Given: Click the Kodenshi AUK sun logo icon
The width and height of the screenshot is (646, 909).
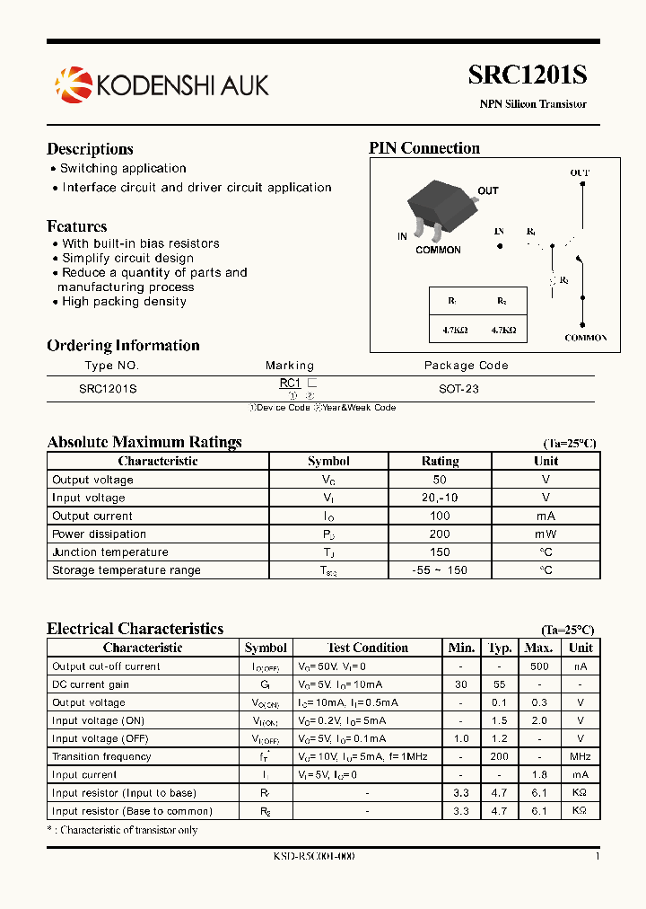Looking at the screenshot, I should (73, 84).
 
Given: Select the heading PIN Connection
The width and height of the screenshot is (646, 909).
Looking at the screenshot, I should (424, 148).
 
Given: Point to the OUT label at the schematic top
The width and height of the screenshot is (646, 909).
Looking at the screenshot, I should (581, 172).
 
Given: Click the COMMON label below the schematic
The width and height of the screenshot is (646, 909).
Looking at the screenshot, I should (585, 338).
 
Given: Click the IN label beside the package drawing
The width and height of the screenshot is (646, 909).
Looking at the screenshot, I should (402, 237).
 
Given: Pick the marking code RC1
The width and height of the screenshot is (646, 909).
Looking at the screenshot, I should (290, 383).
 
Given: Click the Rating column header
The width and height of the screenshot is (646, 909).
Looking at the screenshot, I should (440, 461).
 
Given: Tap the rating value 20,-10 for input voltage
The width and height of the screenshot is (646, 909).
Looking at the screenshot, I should (440, 498).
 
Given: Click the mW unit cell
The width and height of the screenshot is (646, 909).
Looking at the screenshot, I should (546, 534).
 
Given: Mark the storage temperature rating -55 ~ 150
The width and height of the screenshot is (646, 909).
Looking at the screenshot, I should (440, 570).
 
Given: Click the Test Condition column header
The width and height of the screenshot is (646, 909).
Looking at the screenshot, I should (368, 648).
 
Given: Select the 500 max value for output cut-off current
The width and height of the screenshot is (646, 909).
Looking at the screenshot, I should (538, 666).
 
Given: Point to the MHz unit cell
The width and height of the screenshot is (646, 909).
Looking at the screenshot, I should (581, 756).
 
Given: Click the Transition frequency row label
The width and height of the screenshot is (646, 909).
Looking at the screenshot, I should (101, 756).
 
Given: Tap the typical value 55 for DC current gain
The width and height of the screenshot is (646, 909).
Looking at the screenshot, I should (499, 684).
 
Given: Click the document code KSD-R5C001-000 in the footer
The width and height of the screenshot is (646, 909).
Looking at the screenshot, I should (314, 856).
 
